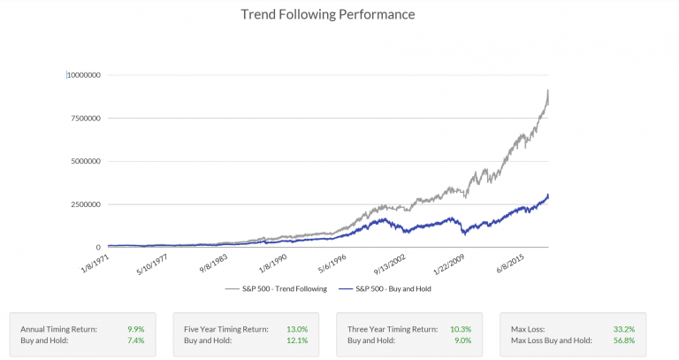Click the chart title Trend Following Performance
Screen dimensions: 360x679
[x=328, y=15]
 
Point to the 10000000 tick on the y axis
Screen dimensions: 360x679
[x=85, y=75]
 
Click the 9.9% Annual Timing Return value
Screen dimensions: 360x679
[x=136, y=328]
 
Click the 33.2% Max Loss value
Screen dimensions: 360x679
[x=624, y=328]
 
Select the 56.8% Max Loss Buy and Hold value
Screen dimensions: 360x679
[x=624, y=340]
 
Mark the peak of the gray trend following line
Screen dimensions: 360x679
[x=548, y=90]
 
